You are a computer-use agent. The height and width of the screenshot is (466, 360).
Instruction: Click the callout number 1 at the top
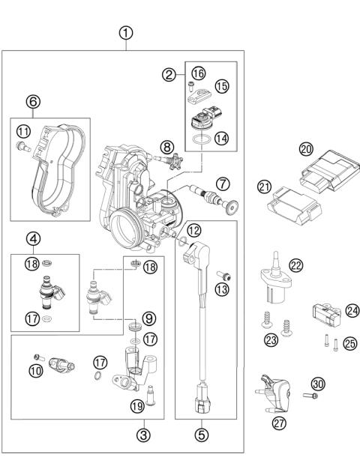[127, 33]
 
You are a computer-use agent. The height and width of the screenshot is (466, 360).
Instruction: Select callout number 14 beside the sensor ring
[219, 138]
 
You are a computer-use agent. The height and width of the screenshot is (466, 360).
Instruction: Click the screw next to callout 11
[24, 148]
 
